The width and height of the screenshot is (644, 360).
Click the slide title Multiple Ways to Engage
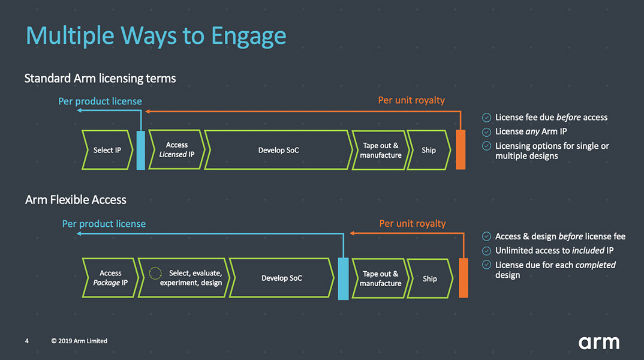[x=156, y=36]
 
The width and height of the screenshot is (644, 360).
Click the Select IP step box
[x=107, y=150]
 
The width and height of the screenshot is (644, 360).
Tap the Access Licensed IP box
[x=176, y=149]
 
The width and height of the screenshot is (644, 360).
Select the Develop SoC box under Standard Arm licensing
[x=278, y=150]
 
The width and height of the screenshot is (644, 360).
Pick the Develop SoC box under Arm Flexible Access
[x=282, y=278]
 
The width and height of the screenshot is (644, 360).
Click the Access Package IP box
[x=110, y=278]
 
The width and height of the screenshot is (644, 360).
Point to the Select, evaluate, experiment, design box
[x=183, y=278]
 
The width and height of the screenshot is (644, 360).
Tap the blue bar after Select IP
[x=141, y=150]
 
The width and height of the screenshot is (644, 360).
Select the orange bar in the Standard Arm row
[x=461, y=149]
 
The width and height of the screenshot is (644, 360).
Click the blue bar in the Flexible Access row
[x=343, y=278]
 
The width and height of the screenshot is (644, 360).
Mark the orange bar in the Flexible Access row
[x=463, y=278]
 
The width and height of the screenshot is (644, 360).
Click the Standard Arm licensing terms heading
[x=100, y=79]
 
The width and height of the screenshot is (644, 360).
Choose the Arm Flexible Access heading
[x=76, y=200]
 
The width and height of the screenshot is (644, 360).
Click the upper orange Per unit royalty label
[x=411, y=100]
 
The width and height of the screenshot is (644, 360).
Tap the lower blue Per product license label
[x=104, y=224]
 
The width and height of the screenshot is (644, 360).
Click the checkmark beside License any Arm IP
[x=487, y=132]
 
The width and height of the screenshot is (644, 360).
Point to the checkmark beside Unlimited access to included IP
[x=487, y=251]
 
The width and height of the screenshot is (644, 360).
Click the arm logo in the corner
[x=598, y=343]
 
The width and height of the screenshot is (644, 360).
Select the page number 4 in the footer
[x=27, y=341]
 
